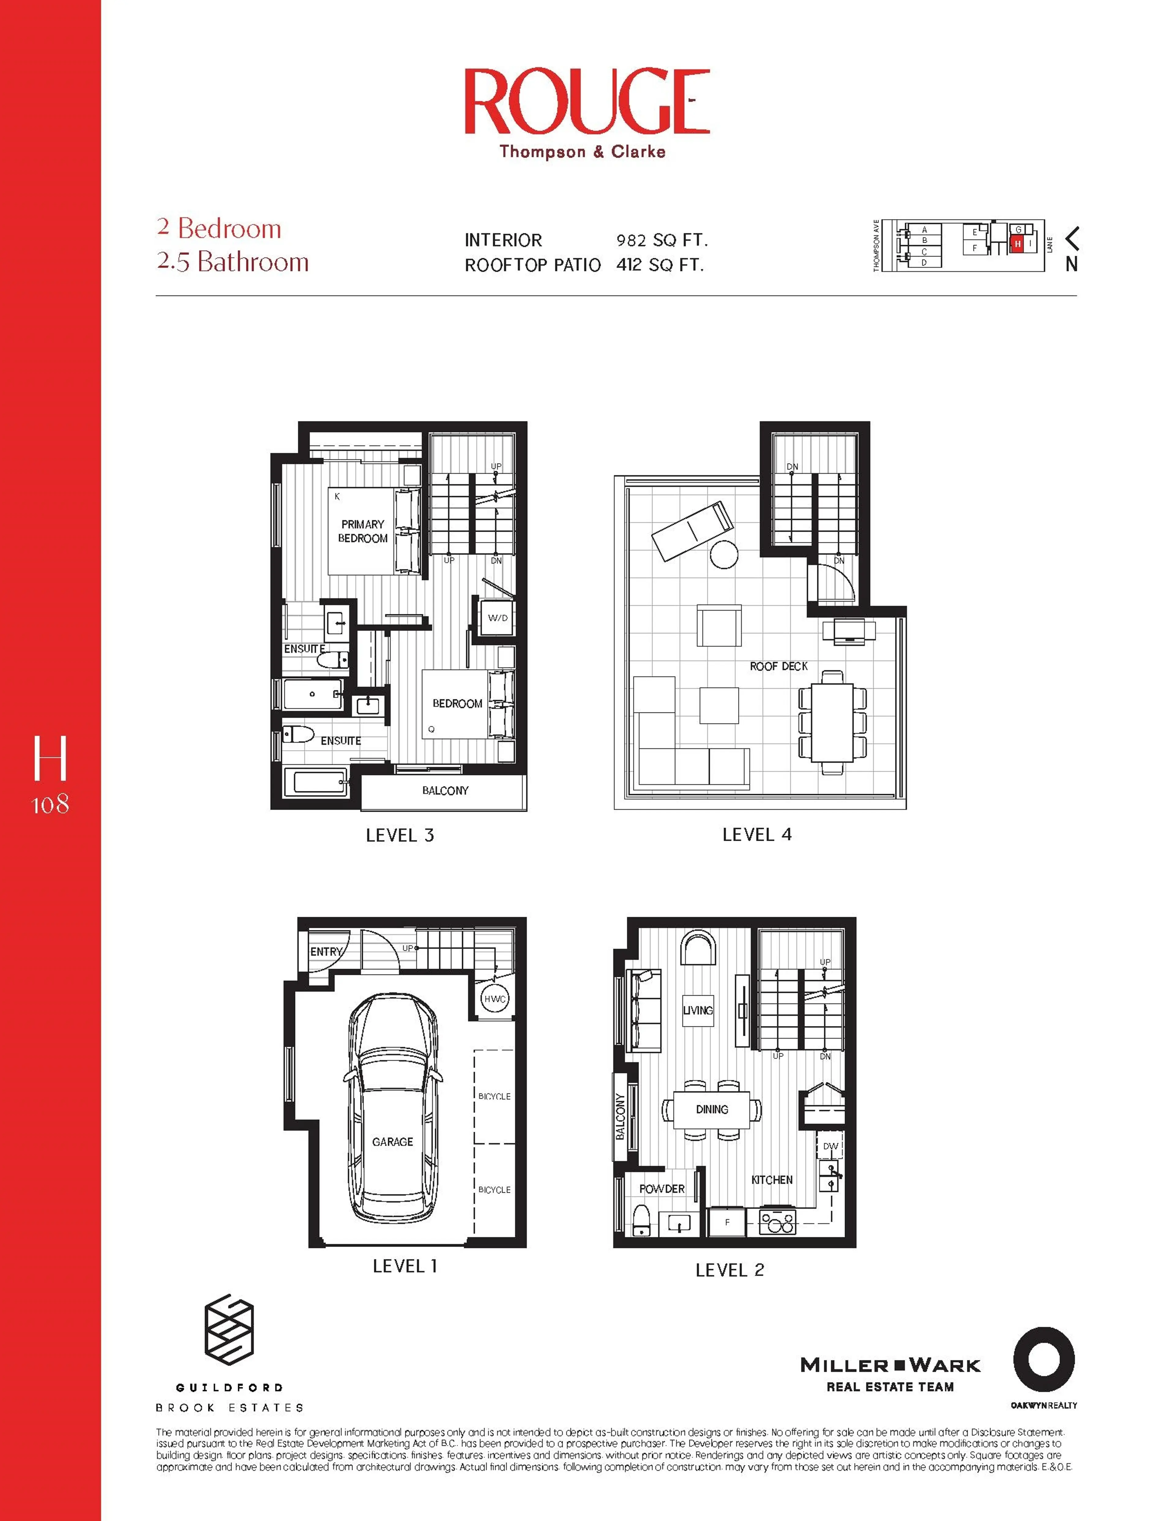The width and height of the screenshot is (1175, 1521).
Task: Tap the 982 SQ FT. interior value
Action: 661,240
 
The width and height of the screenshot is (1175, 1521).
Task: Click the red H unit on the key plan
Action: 1017,244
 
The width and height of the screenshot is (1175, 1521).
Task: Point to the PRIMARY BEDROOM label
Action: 363,531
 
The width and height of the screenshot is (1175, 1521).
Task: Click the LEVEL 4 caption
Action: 757,834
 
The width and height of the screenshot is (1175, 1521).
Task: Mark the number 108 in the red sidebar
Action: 50,805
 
